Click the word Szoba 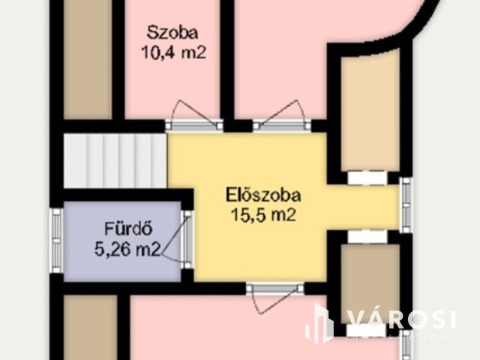tap(172, 33)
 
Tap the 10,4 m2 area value tap(172, 52)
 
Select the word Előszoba tap(263, 196)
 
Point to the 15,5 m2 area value tap(262, 215)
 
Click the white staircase tap(114, 162)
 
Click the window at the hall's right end tap(405, 204)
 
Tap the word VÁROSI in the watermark tap(400, 318)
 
